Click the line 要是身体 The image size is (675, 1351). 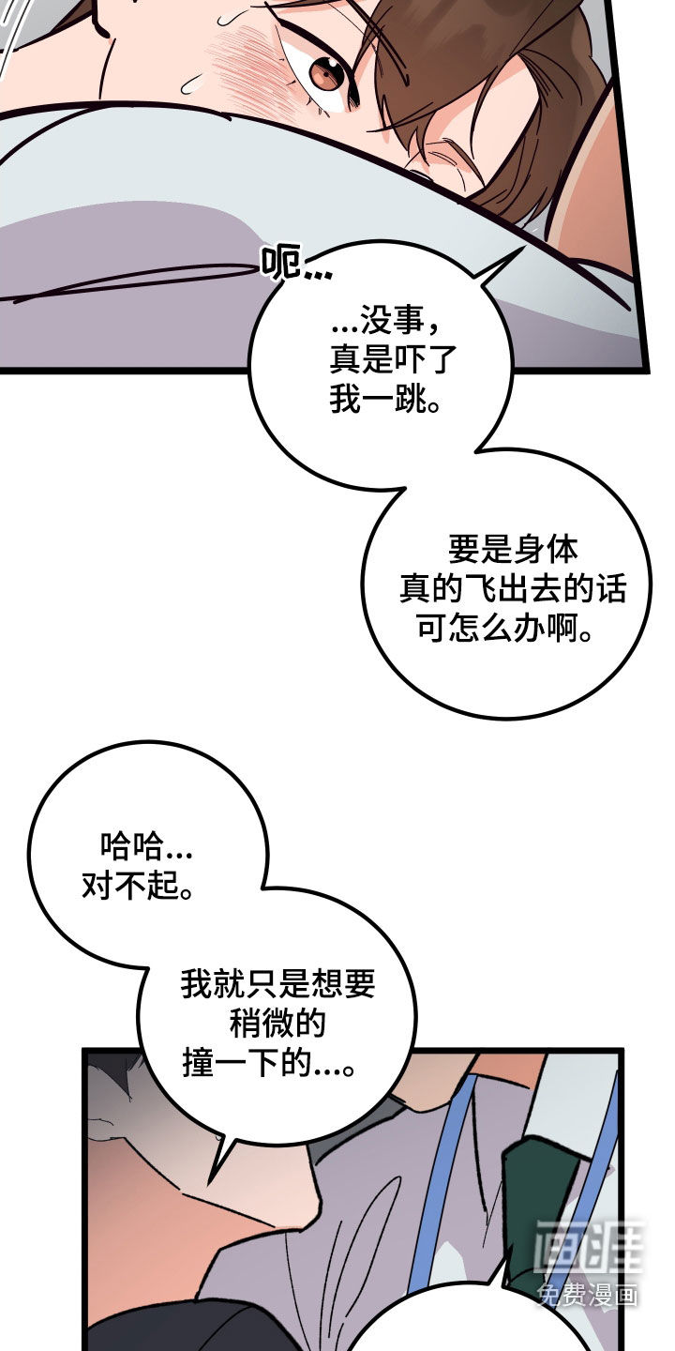(x=513, y=549)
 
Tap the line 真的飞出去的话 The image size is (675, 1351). (x=513, y=588)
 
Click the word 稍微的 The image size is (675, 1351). (x=277, y=1023)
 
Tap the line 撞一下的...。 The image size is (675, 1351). (x=268, y=1063)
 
